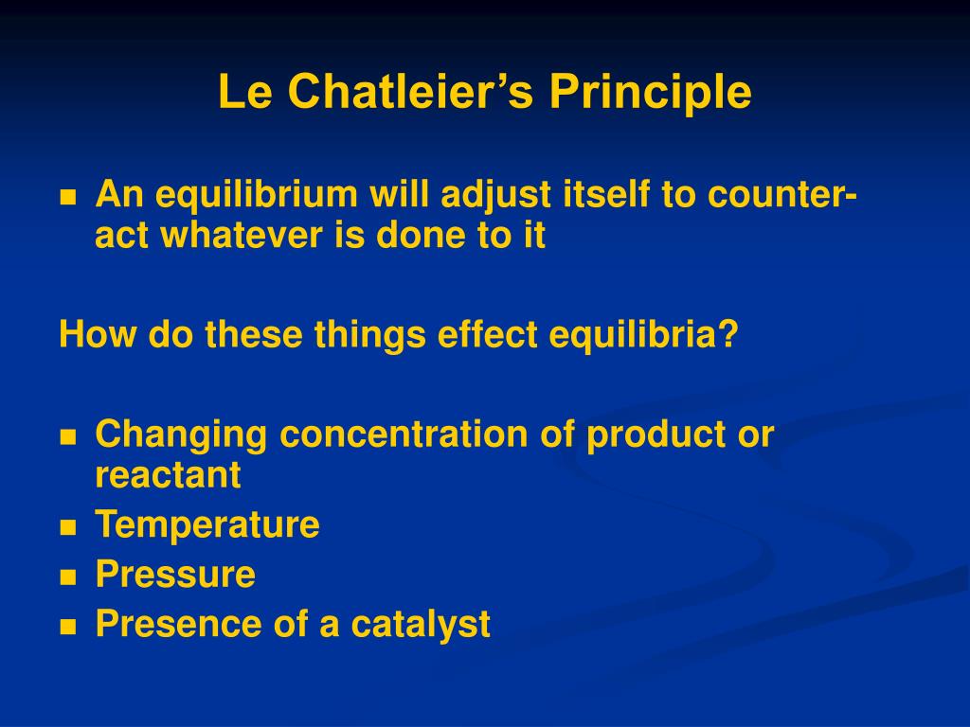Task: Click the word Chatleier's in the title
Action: pyautogui.click(x=410, y=91)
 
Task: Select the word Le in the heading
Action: pyautogui.click(x=245, y=92)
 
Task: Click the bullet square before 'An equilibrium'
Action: pyautogui.click(x=68, y=198)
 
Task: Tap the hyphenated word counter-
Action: pyautogui.click(x=781, y=195)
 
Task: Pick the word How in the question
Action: pyautogui.click(x=98, y=334)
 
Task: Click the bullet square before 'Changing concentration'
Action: pyautogui.click(x=68, y=437)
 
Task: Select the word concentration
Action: pyautogui.click(x=404, y=434)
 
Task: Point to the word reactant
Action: pyautogui.click(x=168, y=476)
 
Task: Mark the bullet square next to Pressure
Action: pyautogui.click(x=68, y=577)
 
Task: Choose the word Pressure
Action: pyautogui.click(x=175, y=575)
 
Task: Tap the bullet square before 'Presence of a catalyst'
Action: pyautogui.click(x=68, y=627)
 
